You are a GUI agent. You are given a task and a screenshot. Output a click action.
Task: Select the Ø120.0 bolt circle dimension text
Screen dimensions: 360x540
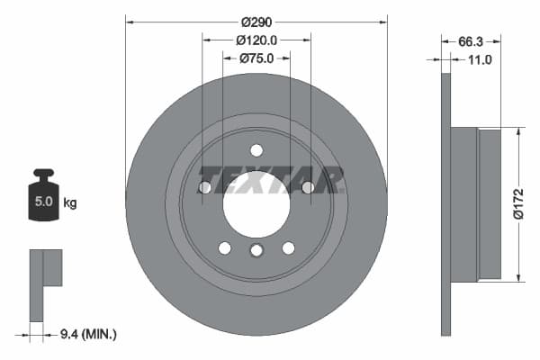point(256,40)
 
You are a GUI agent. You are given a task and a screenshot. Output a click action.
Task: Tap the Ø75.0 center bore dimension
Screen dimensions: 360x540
point(256,58)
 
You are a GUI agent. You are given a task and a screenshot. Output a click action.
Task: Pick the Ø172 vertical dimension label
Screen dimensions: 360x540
point(518,202)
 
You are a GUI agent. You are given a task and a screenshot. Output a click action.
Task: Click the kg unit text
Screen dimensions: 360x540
point(70,202)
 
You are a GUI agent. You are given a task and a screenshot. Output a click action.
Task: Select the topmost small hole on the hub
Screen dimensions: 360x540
point(256,150)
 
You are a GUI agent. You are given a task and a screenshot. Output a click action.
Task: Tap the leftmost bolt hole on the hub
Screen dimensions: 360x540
point(205,187)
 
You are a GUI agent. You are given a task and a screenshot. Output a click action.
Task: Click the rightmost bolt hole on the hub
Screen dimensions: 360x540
point(308,187)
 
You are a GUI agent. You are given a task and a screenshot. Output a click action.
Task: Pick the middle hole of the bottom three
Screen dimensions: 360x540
point(256,250)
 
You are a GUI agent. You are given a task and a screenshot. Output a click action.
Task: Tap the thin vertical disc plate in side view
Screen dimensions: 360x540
point(445,203)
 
